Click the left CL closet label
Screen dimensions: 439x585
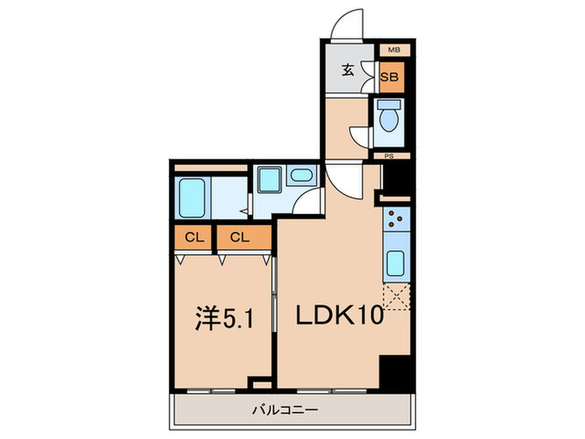(194, 237)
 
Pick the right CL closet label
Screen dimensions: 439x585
(240, 237)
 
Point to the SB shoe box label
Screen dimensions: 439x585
(389, 78)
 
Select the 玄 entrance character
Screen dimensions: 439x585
(348, 70)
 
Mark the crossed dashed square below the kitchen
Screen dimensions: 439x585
(395, 297)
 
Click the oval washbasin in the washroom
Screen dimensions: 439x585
(301, 176)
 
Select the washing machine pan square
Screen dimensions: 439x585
(269, 180)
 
